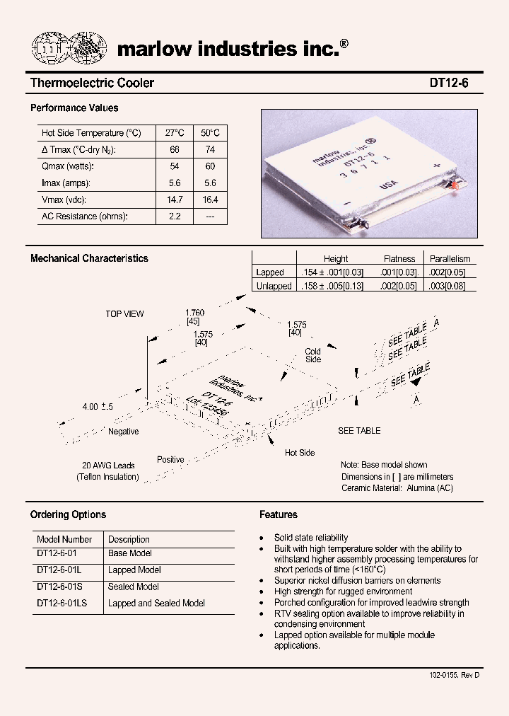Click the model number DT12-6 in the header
(x=448, y=83)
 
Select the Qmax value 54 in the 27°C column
(x=174, y=166)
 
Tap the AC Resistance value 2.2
(x=174, y=216)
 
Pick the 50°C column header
(x=210, y=133)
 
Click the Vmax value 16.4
(x=210, y=200)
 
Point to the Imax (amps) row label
(x=66, y=183)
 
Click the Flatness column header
(x=399, y=259)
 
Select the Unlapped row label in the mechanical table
(x=274, y=287)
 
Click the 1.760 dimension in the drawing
(x=194, y=313)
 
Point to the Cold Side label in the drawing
(x=312, y=355)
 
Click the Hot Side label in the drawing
(x=300, y=453)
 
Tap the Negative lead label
(x=123, y=432)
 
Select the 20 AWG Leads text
(x=108, y=466)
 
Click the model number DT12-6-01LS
(x=61, y=604)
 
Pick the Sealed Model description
(x=133, y=587)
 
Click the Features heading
(x=279, y=515)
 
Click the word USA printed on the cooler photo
(x=389, y=185)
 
